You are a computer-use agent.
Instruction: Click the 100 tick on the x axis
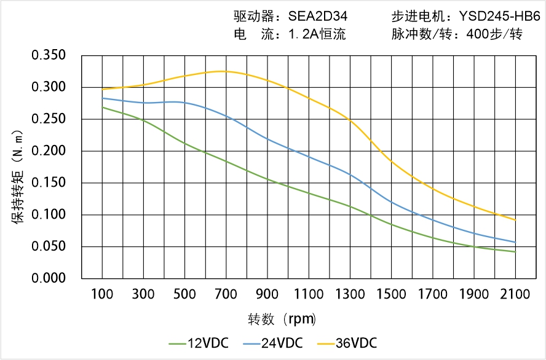102,294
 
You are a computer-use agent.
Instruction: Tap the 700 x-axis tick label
226,294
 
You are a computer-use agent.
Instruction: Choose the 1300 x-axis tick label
350,294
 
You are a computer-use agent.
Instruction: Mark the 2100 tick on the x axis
515,294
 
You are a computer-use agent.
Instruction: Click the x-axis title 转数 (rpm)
282,319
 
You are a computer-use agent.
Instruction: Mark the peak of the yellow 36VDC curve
223,71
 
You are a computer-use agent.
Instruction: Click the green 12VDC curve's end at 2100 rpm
515,252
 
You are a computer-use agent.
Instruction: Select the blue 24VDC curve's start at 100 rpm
102,98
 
